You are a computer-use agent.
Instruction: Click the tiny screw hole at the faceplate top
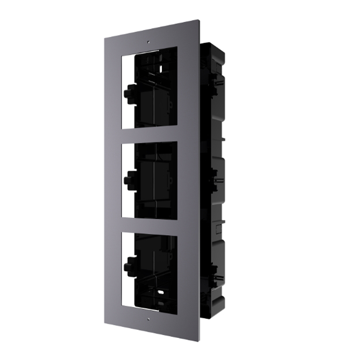click(x=148, y=41)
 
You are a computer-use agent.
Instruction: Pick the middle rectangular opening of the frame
click(x=149, y=180)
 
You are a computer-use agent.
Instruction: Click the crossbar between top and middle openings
click(x=149, y=135)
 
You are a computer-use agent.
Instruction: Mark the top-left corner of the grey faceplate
click(x=105, y=38)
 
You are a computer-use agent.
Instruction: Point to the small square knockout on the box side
click(x=218, y=228)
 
